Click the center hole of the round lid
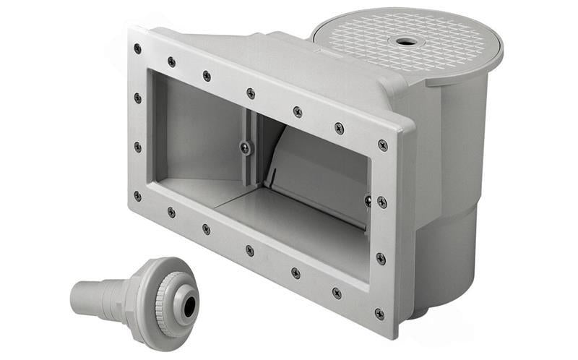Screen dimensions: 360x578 click(x=407, y=41)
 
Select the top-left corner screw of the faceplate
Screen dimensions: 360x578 click(x=137, y=49)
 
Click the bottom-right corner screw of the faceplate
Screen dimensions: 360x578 click(x=379, y=313)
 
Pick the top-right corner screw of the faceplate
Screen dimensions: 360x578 click(x=383, y=145)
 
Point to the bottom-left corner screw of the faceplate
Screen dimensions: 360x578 click(x=137, y=196)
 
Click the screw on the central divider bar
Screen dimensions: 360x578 click(x=246, y=147)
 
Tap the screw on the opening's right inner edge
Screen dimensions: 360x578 click(x=368, y=200)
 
